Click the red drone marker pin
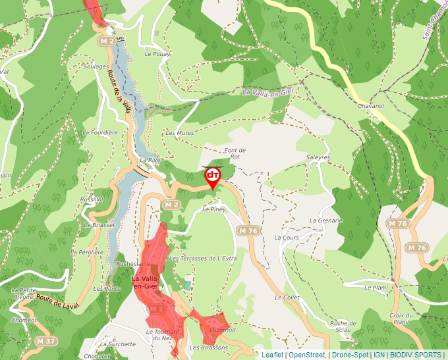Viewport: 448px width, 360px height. point(213,176)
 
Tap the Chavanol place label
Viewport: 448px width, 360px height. point(370,105)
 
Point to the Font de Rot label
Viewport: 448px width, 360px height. point(235,153)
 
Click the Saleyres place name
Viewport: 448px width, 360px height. point(318,157)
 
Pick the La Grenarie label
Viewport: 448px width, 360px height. point(326,220)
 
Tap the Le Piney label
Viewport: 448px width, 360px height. point(214,209)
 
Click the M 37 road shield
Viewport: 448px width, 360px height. point(46,341)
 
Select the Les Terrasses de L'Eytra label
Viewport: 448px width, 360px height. point(203,259)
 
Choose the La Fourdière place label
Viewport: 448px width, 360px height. point(99,132)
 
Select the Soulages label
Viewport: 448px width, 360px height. point(96,66)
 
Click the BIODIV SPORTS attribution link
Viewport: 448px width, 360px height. point(416,355)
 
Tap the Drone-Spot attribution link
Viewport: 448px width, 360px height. point(350,355)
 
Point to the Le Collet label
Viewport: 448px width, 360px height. point(287,297)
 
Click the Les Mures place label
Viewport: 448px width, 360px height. point(179,132)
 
